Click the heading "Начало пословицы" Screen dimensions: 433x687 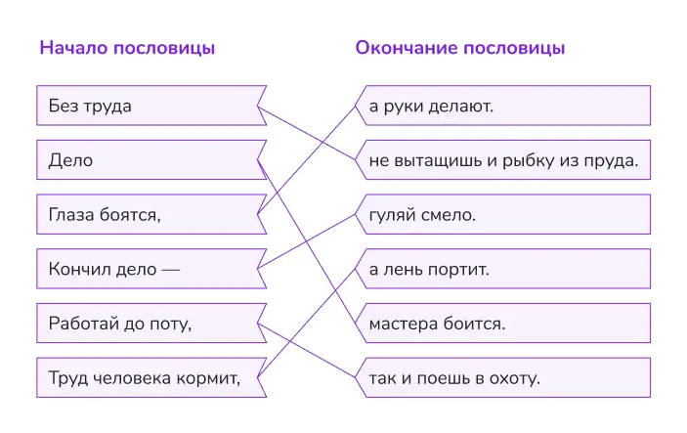pyautogui.click(x=127, y=48)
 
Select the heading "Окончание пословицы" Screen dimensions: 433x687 pyautogui.click(x=460, y=48)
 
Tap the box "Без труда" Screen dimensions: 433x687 pyautogui.click(x=147, y=107)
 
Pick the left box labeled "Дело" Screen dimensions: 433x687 pyautogui.click(x=147, y=160)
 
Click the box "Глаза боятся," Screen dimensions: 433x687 pyautogui.click(x=147, y=214)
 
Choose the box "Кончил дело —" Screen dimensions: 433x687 pyautogui.click(x=147, y=269)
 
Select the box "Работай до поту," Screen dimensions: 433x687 pyautogui.click(x=147, y=323)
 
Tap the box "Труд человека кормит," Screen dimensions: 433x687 pyautogui.click(x=147, y=377)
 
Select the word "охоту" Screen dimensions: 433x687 pyautogui.click(x=514, y=377)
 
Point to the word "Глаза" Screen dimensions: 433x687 pyautogui.click(x=70, y=214)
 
